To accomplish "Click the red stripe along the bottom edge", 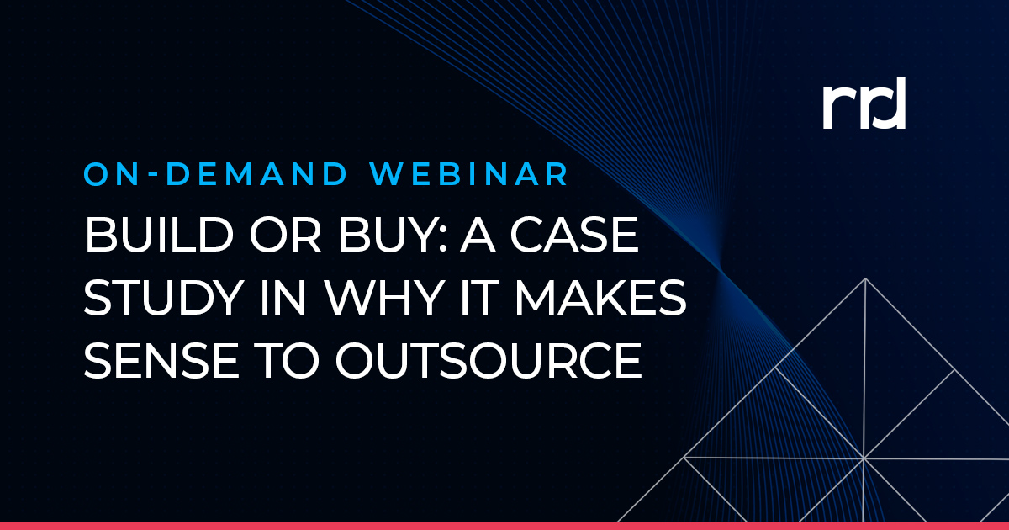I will [x=504, y=525].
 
